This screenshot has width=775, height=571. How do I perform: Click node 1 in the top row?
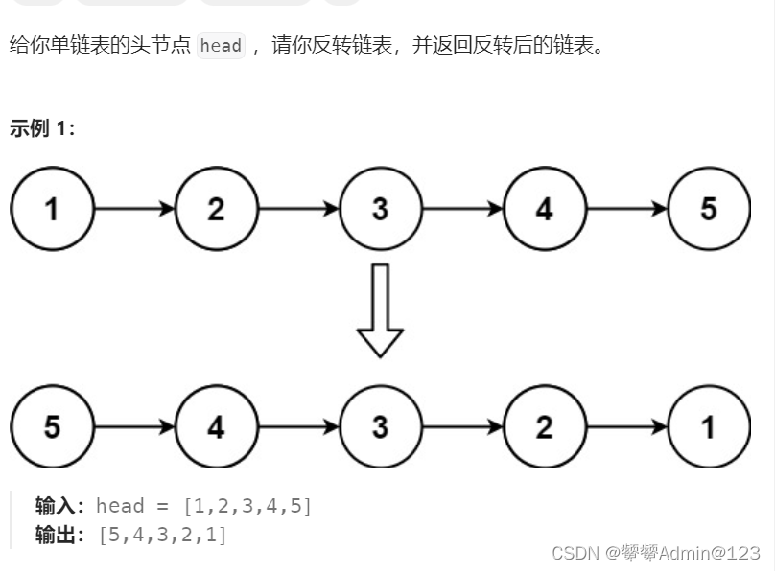coord(52,208)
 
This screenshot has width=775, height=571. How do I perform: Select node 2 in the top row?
coord(216,208)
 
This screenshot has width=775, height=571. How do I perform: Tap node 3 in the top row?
coord(380,208)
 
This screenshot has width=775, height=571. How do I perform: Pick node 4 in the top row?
coord(544,208)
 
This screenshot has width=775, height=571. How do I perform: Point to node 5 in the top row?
coord(708,208)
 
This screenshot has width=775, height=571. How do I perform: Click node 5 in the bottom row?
coord(52,426)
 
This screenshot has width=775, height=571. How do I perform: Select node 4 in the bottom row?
coord(216,426)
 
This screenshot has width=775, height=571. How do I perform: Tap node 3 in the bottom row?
coord(380,426)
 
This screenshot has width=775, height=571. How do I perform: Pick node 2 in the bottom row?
coord(544,426)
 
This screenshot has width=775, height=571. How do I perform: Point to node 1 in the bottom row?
coord(708,426)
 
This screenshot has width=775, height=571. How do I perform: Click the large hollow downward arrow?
coord(380,309)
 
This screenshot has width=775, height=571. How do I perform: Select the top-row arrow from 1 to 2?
coord(134,208)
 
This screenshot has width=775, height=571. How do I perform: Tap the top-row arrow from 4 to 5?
coord(626,208)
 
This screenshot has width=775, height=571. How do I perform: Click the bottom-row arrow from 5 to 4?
coord(134,426)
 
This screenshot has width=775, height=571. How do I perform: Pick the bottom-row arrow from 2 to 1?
coord(626,426)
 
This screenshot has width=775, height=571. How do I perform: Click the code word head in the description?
coord(221,46)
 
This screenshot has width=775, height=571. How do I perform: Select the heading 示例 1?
coord(42,128)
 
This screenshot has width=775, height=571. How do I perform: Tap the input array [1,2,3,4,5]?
coord(247,506)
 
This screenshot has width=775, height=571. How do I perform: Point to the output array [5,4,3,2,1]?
coord(163,535)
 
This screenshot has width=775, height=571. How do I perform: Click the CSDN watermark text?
coord(656,553)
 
